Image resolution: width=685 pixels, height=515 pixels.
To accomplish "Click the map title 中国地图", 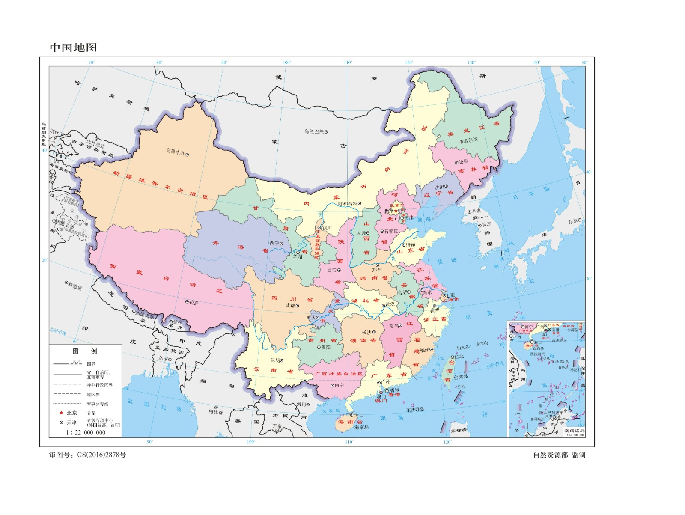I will coord(73,48).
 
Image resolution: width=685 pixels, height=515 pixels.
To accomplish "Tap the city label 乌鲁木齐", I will coord(176,152).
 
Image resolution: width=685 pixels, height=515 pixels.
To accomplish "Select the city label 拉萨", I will coord(194,303).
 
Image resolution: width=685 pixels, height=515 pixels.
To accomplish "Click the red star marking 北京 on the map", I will coord(396,211).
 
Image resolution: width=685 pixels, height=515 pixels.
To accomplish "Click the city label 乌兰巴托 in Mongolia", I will coord(314,131).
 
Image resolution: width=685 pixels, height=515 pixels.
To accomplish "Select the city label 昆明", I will coord(275,360).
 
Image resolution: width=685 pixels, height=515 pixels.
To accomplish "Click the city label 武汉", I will coord(390,304).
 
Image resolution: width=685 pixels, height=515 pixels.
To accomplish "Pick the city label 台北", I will coord(459,356).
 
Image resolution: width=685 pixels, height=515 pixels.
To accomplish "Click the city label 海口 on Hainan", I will coord(359,415).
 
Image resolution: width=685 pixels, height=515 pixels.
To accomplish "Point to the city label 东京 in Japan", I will coord(573,221).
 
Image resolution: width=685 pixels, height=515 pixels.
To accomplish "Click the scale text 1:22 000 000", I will coord(86,432).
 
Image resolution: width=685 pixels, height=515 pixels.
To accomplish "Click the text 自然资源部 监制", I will coord(559,455).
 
